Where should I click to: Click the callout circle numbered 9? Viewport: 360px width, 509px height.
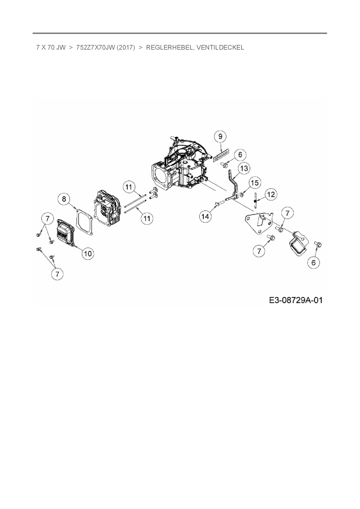tap(220, 136)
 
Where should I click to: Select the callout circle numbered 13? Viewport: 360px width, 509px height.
tap(244, 168)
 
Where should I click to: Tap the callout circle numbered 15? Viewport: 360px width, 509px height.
tap(254, 183)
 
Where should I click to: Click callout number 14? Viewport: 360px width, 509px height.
tap(205, 216)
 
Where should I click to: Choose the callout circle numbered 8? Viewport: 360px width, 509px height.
tap(64, 199)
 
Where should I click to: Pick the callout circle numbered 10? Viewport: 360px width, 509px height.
tap(88, 253)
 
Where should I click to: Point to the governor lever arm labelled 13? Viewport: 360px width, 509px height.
tap(233, 186)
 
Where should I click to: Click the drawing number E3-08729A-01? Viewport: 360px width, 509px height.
tap(296, 300)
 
